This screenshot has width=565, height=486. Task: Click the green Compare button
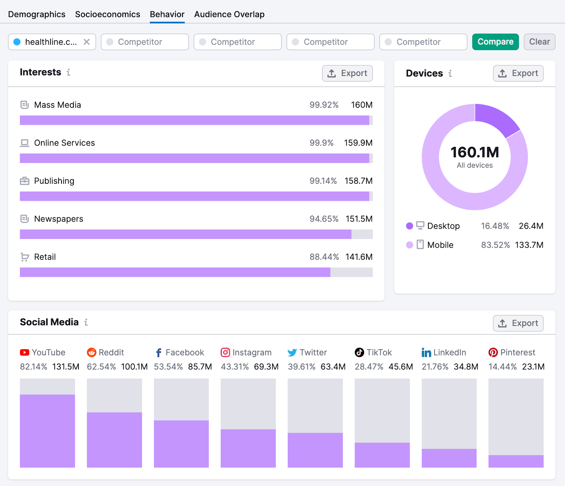coord(495,42)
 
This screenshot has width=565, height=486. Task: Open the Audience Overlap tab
coord(229,14)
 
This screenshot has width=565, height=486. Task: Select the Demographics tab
coord(37,14)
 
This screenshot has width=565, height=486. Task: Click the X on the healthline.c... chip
coord(87,42)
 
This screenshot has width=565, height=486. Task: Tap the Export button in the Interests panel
coord(347,73)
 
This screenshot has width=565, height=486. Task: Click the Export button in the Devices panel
coord(518,73)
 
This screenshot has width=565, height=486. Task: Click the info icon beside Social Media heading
coord(86,322)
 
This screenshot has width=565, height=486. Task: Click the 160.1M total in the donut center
coord(475,152)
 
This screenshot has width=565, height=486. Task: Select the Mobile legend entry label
coord(440,245)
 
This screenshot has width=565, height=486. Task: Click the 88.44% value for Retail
coord(324,257)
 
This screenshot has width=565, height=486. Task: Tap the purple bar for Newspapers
coord(185,234)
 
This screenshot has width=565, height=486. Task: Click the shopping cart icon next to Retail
coord(24,257)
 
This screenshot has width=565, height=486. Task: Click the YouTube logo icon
coord(24,352)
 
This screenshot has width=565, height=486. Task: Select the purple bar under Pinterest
coord(516,461)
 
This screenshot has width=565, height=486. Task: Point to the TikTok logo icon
coord(359,352)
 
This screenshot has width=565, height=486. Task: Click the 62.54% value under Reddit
coord(101,367)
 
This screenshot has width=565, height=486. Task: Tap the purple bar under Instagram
coord(248,448)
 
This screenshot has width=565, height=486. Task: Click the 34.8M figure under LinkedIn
coord(466,367)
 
